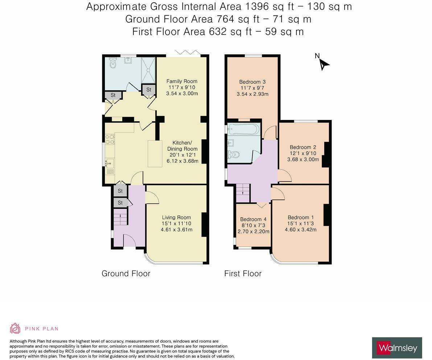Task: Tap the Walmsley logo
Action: [397, 348]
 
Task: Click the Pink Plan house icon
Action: [15, 328]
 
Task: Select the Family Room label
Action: [182, 81]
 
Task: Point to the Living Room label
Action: [176, 218]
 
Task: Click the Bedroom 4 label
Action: [253, 219]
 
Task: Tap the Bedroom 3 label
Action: [252, 82]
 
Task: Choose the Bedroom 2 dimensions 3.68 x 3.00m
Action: [303, 160]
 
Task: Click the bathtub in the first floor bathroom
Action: [244, 129]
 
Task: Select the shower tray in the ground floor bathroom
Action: [148, 70]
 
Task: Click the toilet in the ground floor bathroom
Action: [112, 64]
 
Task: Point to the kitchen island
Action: [155, 153]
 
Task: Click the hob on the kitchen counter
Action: [110, 139]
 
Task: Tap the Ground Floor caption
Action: [126, 273]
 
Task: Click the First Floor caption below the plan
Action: [243, 273]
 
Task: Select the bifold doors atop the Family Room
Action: [188, 53]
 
